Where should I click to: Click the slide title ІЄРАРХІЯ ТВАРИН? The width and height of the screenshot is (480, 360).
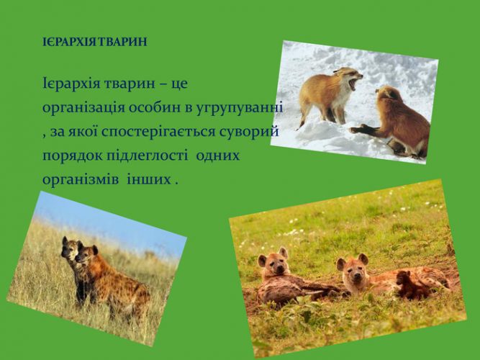95,42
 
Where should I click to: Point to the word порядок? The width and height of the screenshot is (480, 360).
72,156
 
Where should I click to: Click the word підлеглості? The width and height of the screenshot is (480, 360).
148,156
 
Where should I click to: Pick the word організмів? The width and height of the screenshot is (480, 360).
81,180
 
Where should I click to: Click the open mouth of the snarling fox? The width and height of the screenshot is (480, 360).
353,83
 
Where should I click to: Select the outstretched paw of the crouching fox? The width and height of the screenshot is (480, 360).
358,130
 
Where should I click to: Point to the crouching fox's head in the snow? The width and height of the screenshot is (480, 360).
386,94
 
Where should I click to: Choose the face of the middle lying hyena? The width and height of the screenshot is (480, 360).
353,270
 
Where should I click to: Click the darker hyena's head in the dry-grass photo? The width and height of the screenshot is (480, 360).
70,248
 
